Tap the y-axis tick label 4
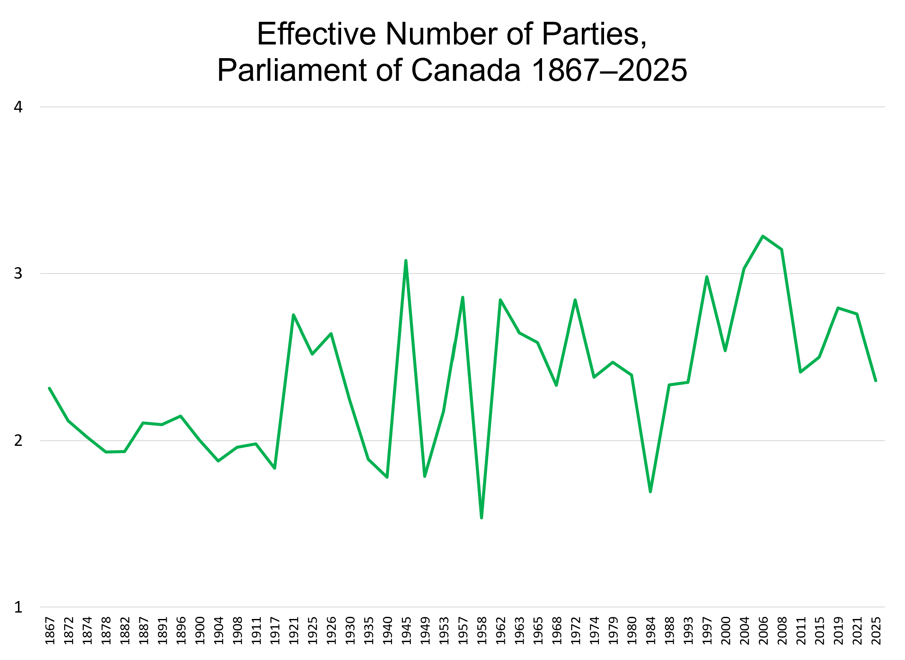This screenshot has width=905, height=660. click(18, 107)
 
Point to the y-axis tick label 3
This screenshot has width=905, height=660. click(18, 274)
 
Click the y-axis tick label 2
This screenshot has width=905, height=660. click(18, 440)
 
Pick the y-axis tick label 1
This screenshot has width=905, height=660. click(18, 607)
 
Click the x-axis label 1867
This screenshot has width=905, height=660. click(50, 631)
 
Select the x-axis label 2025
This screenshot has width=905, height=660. click(876, 631)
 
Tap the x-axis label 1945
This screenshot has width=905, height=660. click(407, 631)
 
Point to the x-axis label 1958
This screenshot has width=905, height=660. click(482, 631)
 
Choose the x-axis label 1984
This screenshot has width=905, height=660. click(651, 631)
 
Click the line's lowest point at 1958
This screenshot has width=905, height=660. click(481, 518)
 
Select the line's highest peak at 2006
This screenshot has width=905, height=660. click(763, 236)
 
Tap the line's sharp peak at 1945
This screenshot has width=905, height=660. click(406, 260)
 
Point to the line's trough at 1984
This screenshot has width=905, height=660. click(650, 492)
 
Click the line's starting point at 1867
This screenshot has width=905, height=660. click(50, 388)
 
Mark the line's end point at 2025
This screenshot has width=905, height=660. click(876, 380)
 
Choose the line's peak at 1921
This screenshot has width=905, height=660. click(293, 315)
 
